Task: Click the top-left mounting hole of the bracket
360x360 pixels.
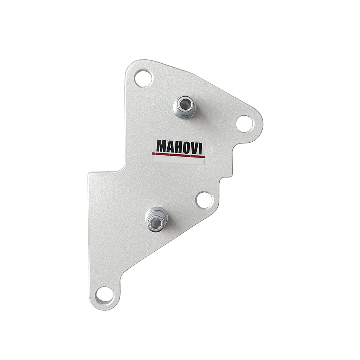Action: tap(144, 79)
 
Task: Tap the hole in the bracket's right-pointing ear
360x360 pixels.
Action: tap(246, 124)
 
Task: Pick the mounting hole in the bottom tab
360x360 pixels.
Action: tap(105, 295)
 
